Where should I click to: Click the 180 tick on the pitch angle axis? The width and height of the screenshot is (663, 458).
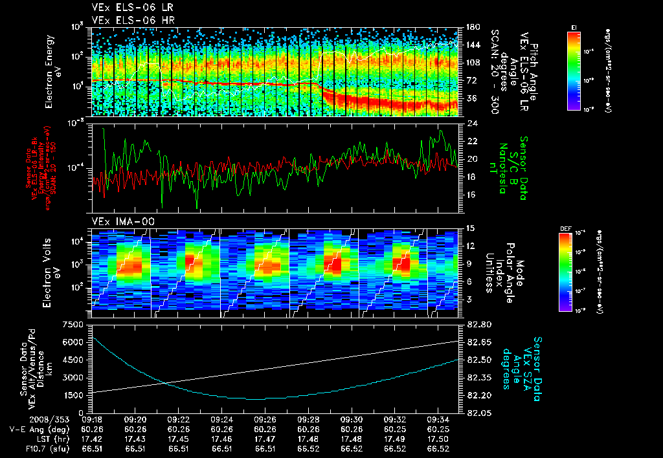click(x=473, y=27)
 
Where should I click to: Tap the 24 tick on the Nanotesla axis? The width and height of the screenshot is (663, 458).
click(x=472, y=124)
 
